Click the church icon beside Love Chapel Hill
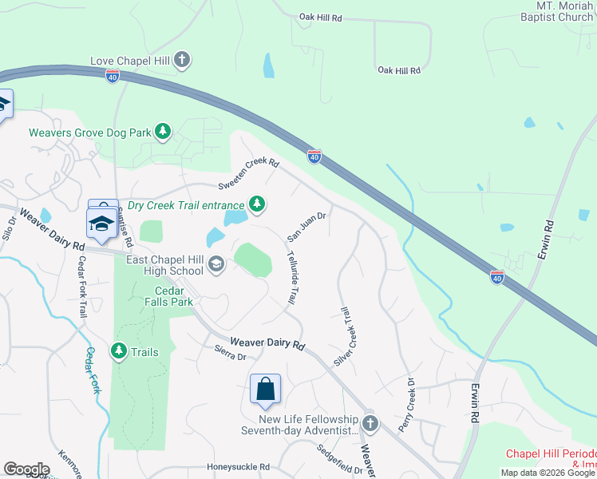(x=182, y=60)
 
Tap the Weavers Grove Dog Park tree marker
(x=163, y=131)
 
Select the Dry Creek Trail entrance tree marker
(x=257, y=204)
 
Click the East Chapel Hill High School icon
(x=215, y=263)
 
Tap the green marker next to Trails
(x=119, y=351)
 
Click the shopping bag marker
(x=265, y=390)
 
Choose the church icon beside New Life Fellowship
(x=369, y=422)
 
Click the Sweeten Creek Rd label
(x=249, y=175)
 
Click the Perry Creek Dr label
(x=408, y=403)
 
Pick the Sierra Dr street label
(x=228, y=352)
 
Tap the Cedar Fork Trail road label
(x=81, y=289)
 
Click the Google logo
(x=26, y=469)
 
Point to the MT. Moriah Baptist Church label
(x=557, y=11)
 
